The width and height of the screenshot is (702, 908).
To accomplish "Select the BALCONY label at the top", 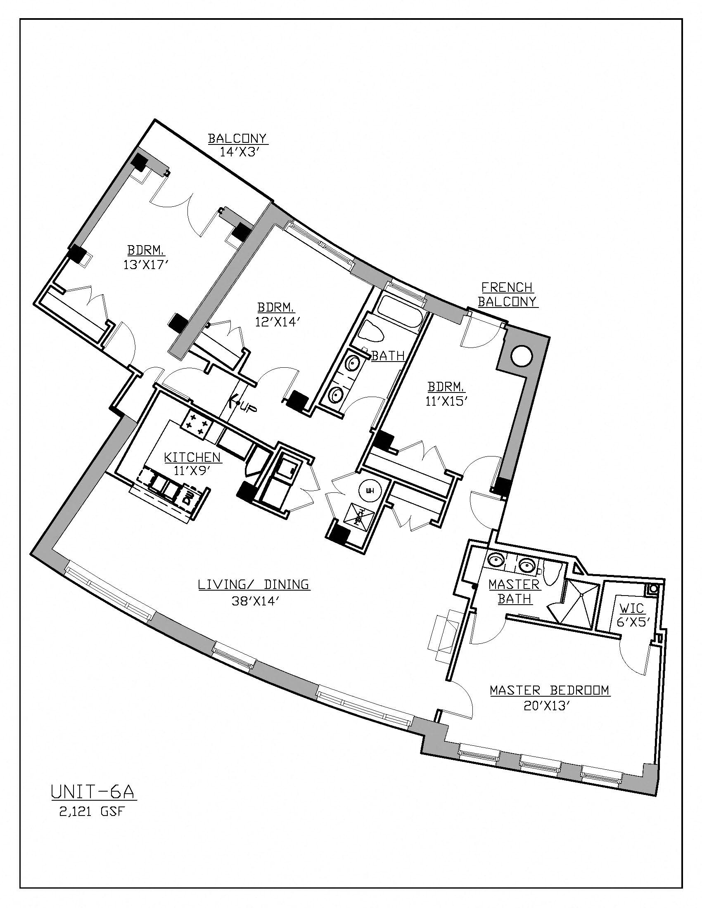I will pyautogui.click(x=237, y=138).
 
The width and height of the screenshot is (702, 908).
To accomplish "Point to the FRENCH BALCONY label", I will pyautogui.click(x=507, y=294).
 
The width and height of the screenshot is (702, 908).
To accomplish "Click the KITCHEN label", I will pyautogui.click(x=192, y=457).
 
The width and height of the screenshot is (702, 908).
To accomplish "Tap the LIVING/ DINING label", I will pyautogui.click(x=253, y=584).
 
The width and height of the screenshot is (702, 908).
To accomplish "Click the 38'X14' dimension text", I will pyautogui.click(x=254, y=601).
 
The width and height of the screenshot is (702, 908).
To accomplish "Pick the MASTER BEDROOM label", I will pyautogui.click(x=549, y=690).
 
